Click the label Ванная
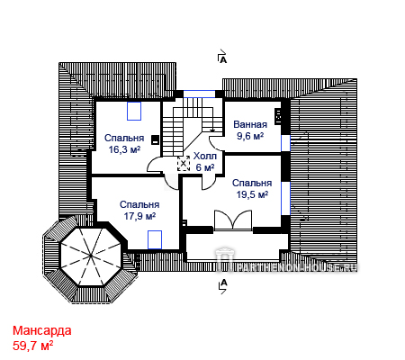pos(250,124)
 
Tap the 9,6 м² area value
pos(250,136)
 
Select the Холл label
pos(205,156)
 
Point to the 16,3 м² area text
pos(124,149)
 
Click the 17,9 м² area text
pos(139,216)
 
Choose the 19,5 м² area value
pos(252,194)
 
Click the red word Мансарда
pos(42,330)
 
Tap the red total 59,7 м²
pos(32,346)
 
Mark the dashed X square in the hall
pos(184,164)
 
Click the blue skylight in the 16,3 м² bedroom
pos(134,111)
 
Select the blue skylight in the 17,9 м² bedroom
pos(155,239)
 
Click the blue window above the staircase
pos(199,94)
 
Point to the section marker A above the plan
pos(222,57)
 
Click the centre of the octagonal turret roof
pos(91,256)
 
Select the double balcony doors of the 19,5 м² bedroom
pos(233,220)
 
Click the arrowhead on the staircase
pos(212,130)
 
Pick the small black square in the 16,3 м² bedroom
pos(155,139)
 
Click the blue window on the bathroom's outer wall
pos(285,143)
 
